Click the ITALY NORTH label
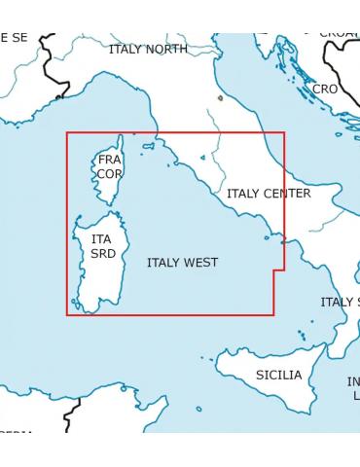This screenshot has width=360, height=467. pos(148,49)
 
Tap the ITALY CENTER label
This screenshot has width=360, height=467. pos(269,194)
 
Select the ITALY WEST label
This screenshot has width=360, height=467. pos(182,263)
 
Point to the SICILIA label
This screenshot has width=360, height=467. pos(279,375)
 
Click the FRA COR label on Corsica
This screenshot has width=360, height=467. pos(109,166)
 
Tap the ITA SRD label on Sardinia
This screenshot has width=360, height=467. pos(102,245)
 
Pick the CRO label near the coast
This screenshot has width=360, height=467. pos(325,89)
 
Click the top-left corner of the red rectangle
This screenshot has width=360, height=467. pos(67,133)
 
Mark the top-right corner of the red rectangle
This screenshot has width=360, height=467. pos(284,133)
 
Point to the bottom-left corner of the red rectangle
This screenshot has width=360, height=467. pos(67,314)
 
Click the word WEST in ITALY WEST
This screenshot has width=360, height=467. pos(200,263)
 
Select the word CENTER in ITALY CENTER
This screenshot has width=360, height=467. pos(287,194)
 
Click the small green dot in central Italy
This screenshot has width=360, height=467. pos(221,97)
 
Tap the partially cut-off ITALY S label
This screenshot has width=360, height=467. pos(340,302)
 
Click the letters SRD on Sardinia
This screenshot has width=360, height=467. pos(102,253)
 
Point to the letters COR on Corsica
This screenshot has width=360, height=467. pos(109,174)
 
